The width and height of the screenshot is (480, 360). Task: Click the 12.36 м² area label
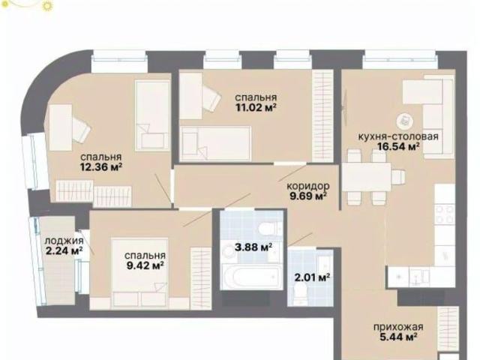[101, 167]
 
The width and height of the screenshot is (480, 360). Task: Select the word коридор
[308, 185]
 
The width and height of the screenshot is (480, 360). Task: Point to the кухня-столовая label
[398, 136]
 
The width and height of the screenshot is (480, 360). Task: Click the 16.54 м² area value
[398, 147]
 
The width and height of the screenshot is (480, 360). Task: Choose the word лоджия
[64, 240]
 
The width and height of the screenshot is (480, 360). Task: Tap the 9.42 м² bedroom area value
[145, 265]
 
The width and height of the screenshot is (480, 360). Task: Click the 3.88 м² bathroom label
[253, 247]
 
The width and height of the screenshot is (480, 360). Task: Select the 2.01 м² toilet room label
[312, 277]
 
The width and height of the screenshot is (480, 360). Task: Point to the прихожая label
[398, 327]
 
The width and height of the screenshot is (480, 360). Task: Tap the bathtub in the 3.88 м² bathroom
[252, 277]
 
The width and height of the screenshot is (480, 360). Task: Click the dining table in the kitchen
[367, 177]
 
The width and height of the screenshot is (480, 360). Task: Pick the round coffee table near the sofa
[405, 121]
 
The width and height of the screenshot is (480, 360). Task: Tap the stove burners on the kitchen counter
[445, 214]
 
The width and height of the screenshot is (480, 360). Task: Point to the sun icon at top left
[46, 5]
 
